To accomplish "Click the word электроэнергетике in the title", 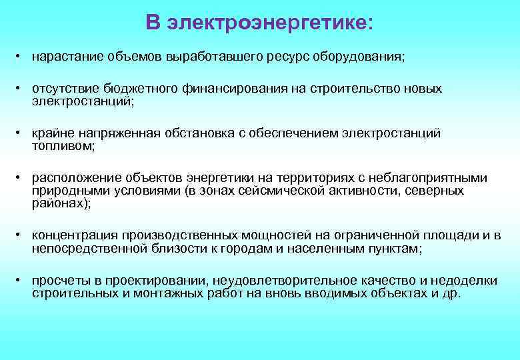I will point(266,23).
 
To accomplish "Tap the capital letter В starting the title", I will point(153,23).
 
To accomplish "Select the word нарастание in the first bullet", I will point(60,57).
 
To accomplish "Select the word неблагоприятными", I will point(438,178).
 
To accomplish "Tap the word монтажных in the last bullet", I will point(179,293).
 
